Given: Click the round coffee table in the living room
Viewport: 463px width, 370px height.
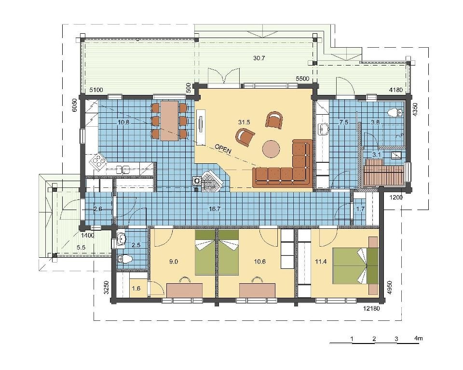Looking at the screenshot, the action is tap(271, 149).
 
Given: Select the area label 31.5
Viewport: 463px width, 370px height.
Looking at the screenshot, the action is tap(244, 122).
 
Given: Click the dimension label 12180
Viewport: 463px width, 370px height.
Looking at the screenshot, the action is tap(371, 309).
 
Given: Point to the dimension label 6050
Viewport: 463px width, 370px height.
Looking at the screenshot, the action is tap(75, 106).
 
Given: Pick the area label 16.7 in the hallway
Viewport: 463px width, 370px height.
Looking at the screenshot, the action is tap(215, 209).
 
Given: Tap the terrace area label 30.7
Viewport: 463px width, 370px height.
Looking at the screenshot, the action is tap(259, 58).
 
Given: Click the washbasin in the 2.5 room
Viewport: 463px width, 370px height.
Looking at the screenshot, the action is tap(121, 239).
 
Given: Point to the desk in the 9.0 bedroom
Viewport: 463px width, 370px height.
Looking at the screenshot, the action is tap(185, 290).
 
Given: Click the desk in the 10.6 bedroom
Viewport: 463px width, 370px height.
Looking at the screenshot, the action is tap(257, 290).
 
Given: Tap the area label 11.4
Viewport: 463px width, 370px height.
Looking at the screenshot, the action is tap(321, 261).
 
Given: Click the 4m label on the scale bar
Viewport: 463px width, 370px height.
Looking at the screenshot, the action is tap(419, 338).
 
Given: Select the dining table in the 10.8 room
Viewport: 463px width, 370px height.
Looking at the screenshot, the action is tap(169, 121).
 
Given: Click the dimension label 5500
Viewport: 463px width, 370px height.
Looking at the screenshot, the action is tap(303, 79).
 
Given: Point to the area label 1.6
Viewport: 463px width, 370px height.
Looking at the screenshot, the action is tap(136, 289).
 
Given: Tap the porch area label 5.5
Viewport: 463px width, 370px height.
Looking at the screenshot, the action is tap(81, 248).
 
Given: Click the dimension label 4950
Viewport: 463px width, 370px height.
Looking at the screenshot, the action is tap(390, 288).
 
